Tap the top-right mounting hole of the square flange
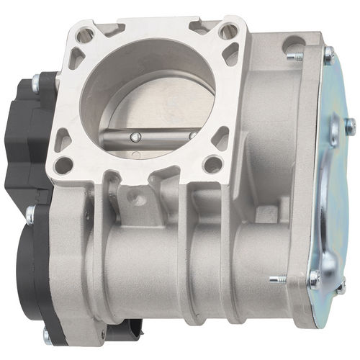coord(228,30)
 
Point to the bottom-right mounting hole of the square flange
coord(212,165)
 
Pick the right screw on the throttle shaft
coord(193,134)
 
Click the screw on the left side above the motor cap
coord(30,213)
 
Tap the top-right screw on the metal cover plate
coord(328,55)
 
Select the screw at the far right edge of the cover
coord(350,127)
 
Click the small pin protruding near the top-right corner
coord(292,55)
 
